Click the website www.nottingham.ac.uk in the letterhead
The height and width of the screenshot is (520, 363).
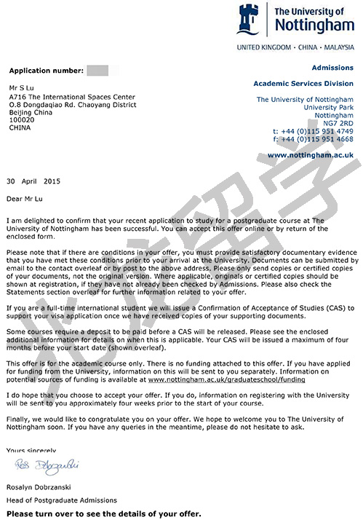(310, 155)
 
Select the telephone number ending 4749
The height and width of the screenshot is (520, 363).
(313, 131)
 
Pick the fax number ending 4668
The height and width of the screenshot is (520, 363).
(313, 139)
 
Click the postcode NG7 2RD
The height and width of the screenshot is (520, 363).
(335, 123)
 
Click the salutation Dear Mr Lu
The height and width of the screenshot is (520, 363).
(26, 197)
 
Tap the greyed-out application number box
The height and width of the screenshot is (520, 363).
(97, 71)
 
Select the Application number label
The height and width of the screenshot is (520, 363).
(44, 71)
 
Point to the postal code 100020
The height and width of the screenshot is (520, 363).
(23, 119)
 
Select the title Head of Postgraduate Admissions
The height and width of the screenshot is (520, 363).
(62, 500)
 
